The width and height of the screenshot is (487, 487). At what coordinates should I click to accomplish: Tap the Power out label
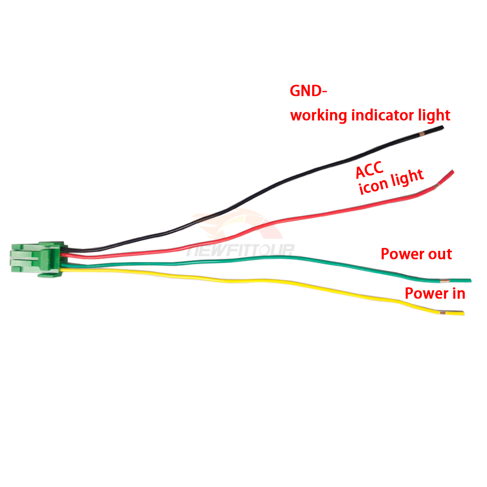click(416, 254)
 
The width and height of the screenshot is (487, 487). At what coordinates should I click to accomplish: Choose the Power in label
click(435, 293)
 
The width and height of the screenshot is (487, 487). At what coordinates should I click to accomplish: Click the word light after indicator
click(434, 115)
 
